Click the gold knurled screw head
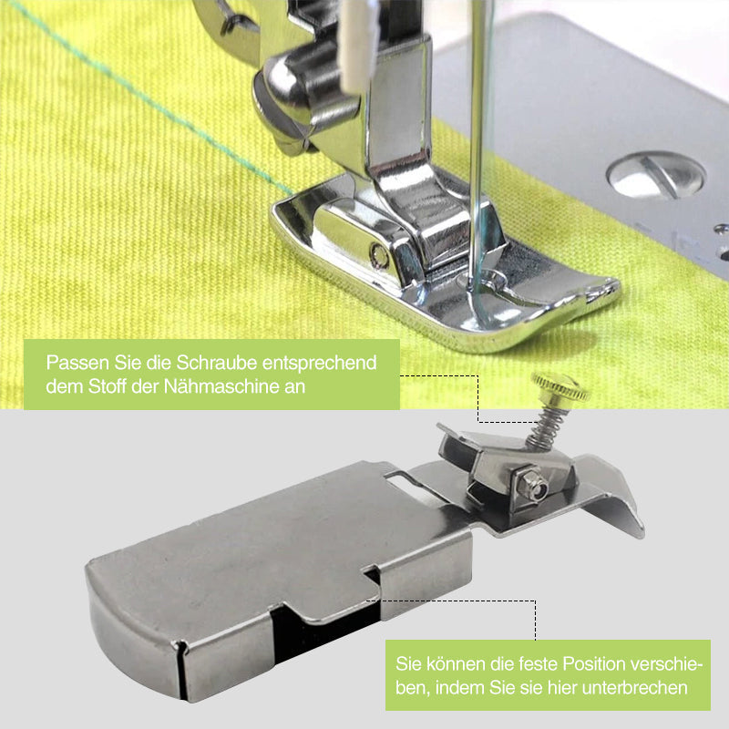tap(560, 389)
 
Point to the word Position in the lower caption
tap(585, 664)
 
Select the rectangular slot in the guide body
tap(399, 475)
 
